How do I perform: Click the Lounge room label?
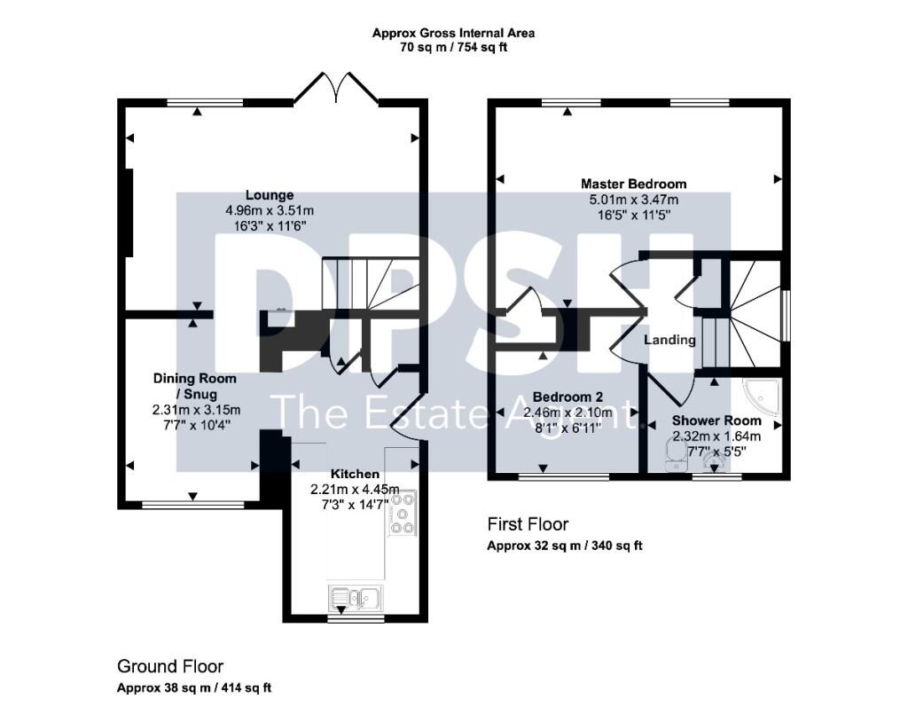click(270, 195)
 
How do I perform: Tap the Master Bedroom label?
click(633, 185)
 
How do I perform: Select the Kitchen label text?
click(355, 474)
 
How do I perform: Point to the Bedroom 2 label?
click(567, 397)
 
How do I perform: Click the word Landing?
click(670, 340)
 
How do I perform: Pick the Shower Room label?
click(716, 420)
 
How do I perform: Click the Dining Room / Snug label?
click(194, 387)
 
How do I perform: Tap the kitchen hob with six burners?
click(402, 513)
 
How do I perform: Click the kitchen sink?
click(356, 597)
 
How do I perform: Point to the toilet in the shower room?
click(675, 455)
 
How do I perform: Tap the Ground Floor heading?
click(170, 666)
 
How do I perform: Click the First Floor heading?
click(528, 524)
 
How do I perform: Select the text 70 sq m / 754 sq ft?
click(453, 48)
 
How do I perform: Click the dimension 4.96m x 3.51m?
click(270, 210)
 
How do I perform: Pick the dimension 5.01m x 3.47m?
click(633, 200)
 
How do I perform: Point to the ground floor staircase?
click(371, 284)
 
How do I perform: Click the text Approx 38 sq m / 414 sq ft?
click(194, 688)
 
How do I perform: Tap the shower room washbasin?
click(715, 463)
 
